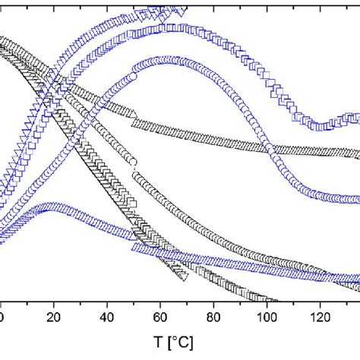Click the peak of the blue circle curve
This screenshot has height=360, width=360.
coord(163,59)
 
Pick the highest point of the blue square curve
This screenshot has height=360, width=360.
coord(173,27)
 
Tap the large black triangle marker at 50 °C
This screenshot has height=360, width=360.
coord(134,114)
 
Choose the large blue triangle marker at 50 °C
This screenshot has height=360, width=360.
coord(134,247)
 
